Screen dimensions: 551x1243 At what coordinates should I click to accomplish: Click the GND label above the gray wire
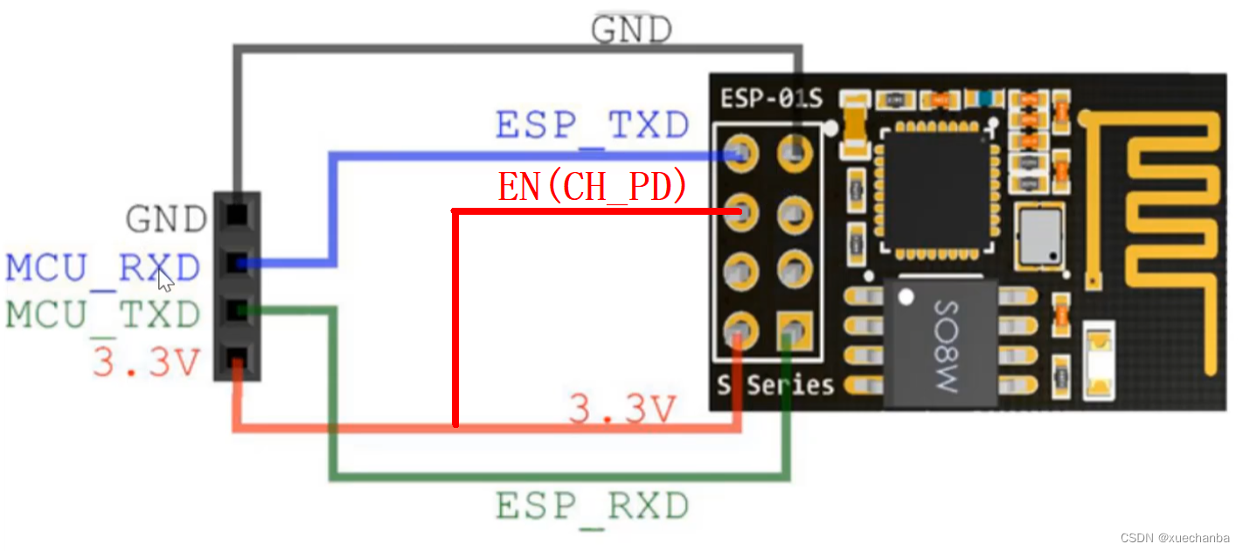[x=631, y=30]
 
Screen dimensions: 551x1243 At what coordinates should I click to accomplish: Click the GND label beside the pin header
[x=167, y=219]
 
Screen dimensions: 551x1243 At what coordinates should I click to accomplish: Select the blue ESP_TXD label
[x=592, y=126]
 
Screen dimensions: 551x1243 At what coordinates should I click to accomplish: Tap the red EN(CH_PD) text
[x=592, y=186]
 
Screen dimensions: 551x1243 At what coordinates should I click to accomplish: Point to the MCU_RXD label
[x=103, y=268]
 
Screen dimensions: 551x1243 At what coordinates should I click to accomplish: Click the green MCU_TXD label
[x=103, y=314]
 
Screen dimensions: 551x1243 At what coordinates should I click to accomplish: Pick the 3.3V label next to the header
[x=146, y=361]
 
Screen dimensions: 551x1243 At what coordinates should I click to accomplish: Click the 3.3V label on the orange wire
[x=622, y=409]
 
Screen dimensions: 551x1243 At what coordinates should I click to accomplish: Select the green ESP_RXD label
[x=592, y=506]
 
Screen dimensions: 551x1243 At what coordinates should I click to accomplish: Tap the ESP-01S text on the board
[x=771, y=99]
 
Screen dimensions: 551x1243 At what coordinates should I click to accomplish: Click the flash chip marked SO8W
[x=941, y=342]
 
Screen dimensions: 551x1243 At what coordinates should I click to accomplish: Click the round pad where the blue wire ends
[x=740, y=154]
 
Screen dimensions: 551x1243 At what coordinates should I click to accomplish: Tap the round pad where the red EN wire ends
[x=740, y=212]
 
